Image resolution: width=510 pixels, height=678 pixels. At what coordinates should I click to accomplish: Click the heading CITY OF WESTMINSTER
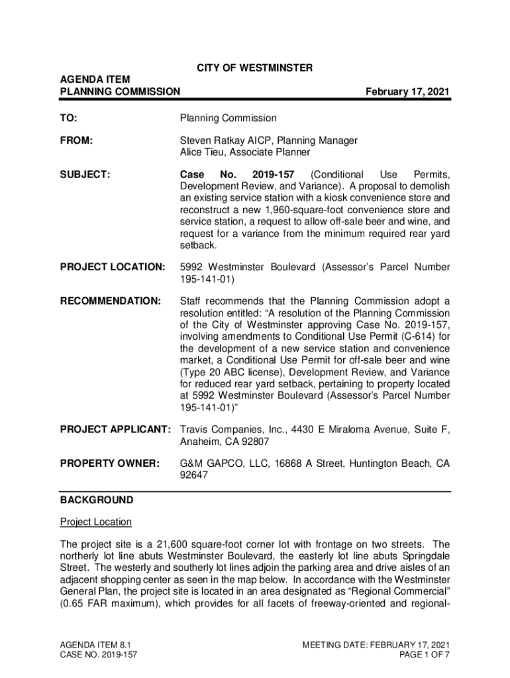pos(255,68)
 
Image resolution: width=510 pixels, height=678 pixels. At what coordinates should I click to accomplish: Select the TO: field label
pos(68,118)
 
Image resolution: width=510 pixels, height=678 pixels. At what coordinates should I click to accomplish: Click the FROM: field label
pos(76,140)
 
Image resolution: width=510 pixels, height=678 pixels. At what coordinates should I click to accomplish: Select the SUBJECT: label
pos(85,175)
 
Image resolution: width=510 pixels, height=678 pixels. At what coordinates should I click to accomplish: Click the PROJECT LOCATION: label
pos(112,267)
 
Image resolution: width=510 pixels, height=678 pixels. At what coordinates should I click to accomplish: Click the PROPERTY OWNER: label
pos(109,463)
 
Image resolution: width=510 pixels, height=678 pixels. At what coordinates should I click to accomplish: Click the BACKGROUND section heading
pos(96,500)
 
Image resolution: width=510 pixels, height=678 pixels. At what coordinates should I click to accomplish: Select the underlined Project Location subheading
pos(96,522)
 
